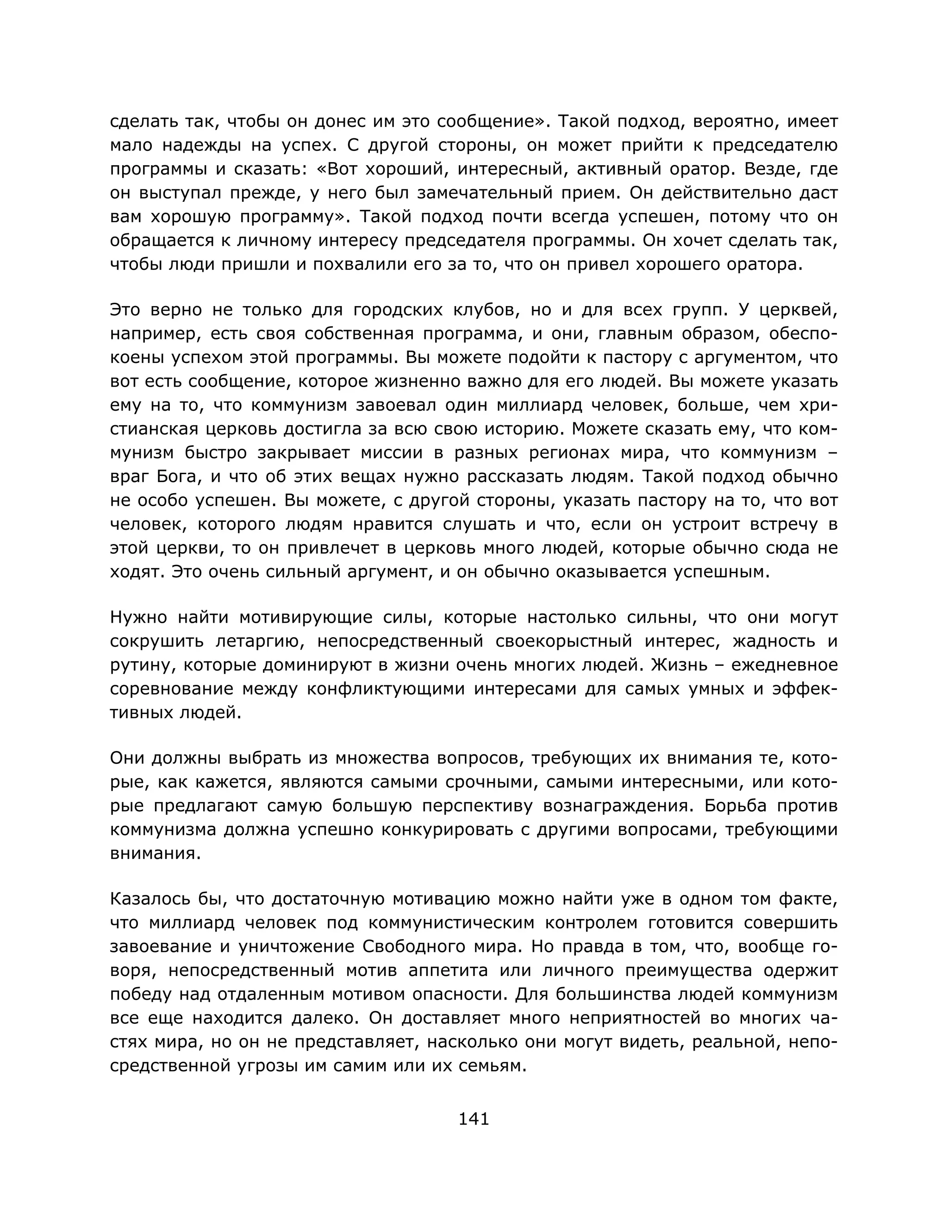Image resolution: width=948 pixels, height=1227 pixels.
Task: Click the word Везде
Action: (776, 169)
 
